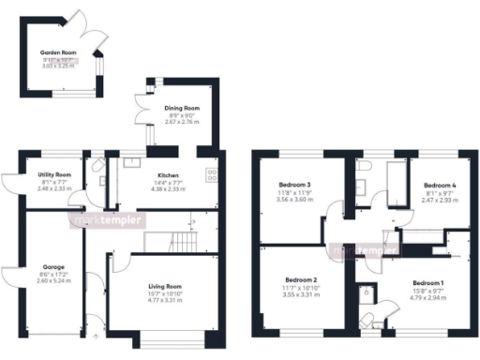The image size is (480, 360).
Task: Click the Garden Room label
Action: click(57, 52)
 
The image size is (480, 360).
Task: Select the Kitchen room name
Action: click(169, 175)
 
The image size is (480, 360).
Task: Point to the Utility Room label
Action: click(54, 175)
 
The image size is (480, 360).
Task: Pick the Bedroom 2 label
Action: click(294, 280)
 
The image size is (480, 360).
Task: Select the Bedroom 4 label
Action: click(439, 186)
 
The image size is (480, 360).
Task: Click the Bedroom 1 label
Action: click(428, 282)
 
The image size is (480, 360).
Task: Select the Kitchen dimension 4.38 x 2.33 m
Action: click(169, 188)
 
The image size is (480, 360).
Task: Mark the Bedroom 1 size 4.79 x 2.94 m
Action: click(428, 298)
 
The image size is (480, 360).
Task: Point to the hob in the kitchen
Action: click(212, 174)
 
